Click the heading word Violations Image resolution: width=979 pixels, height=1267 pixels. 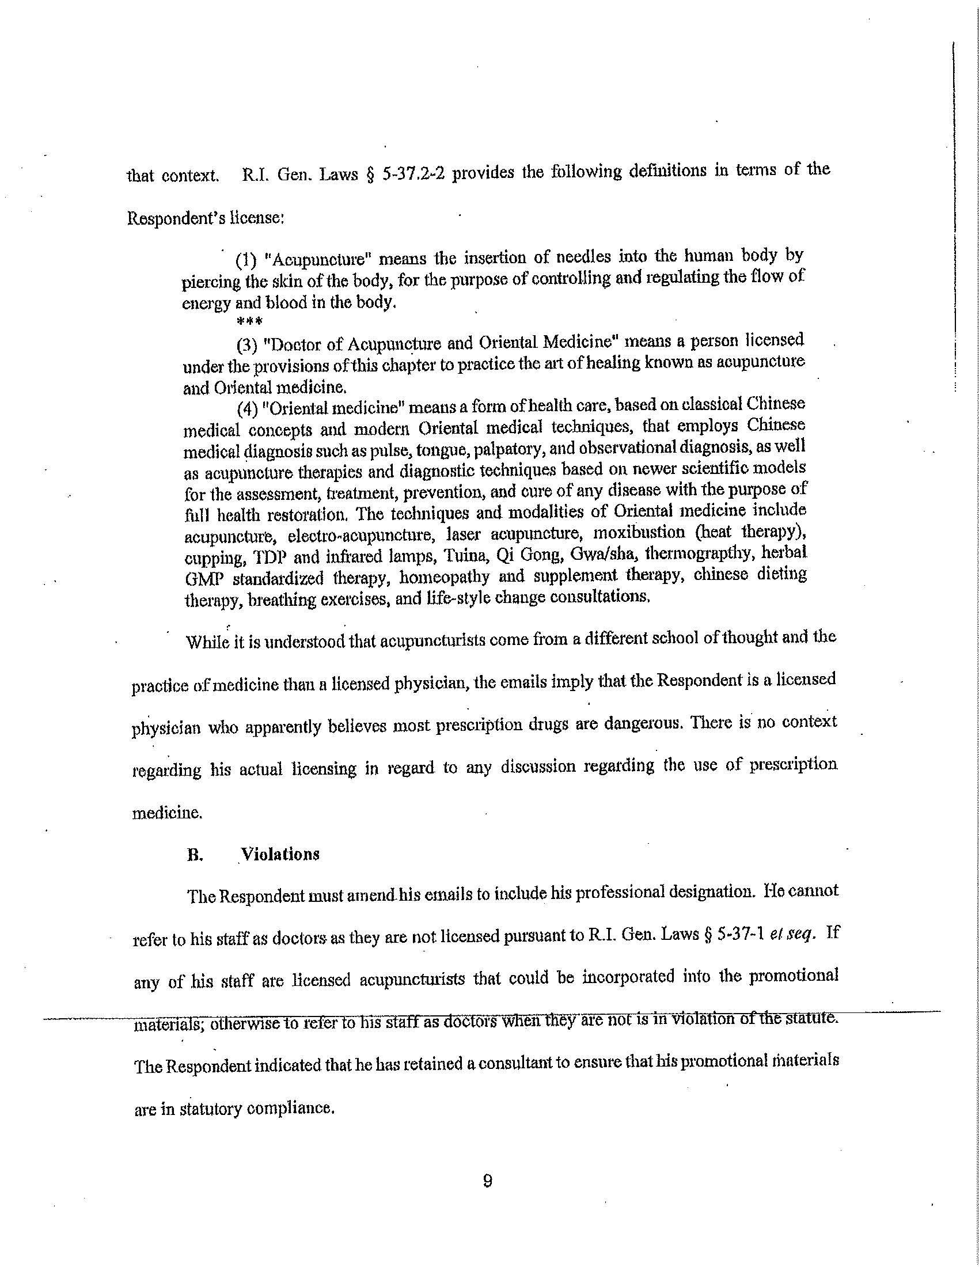tap(280, 854)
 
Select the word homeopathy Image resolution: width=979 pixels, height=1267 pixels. tap(438, 577)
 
